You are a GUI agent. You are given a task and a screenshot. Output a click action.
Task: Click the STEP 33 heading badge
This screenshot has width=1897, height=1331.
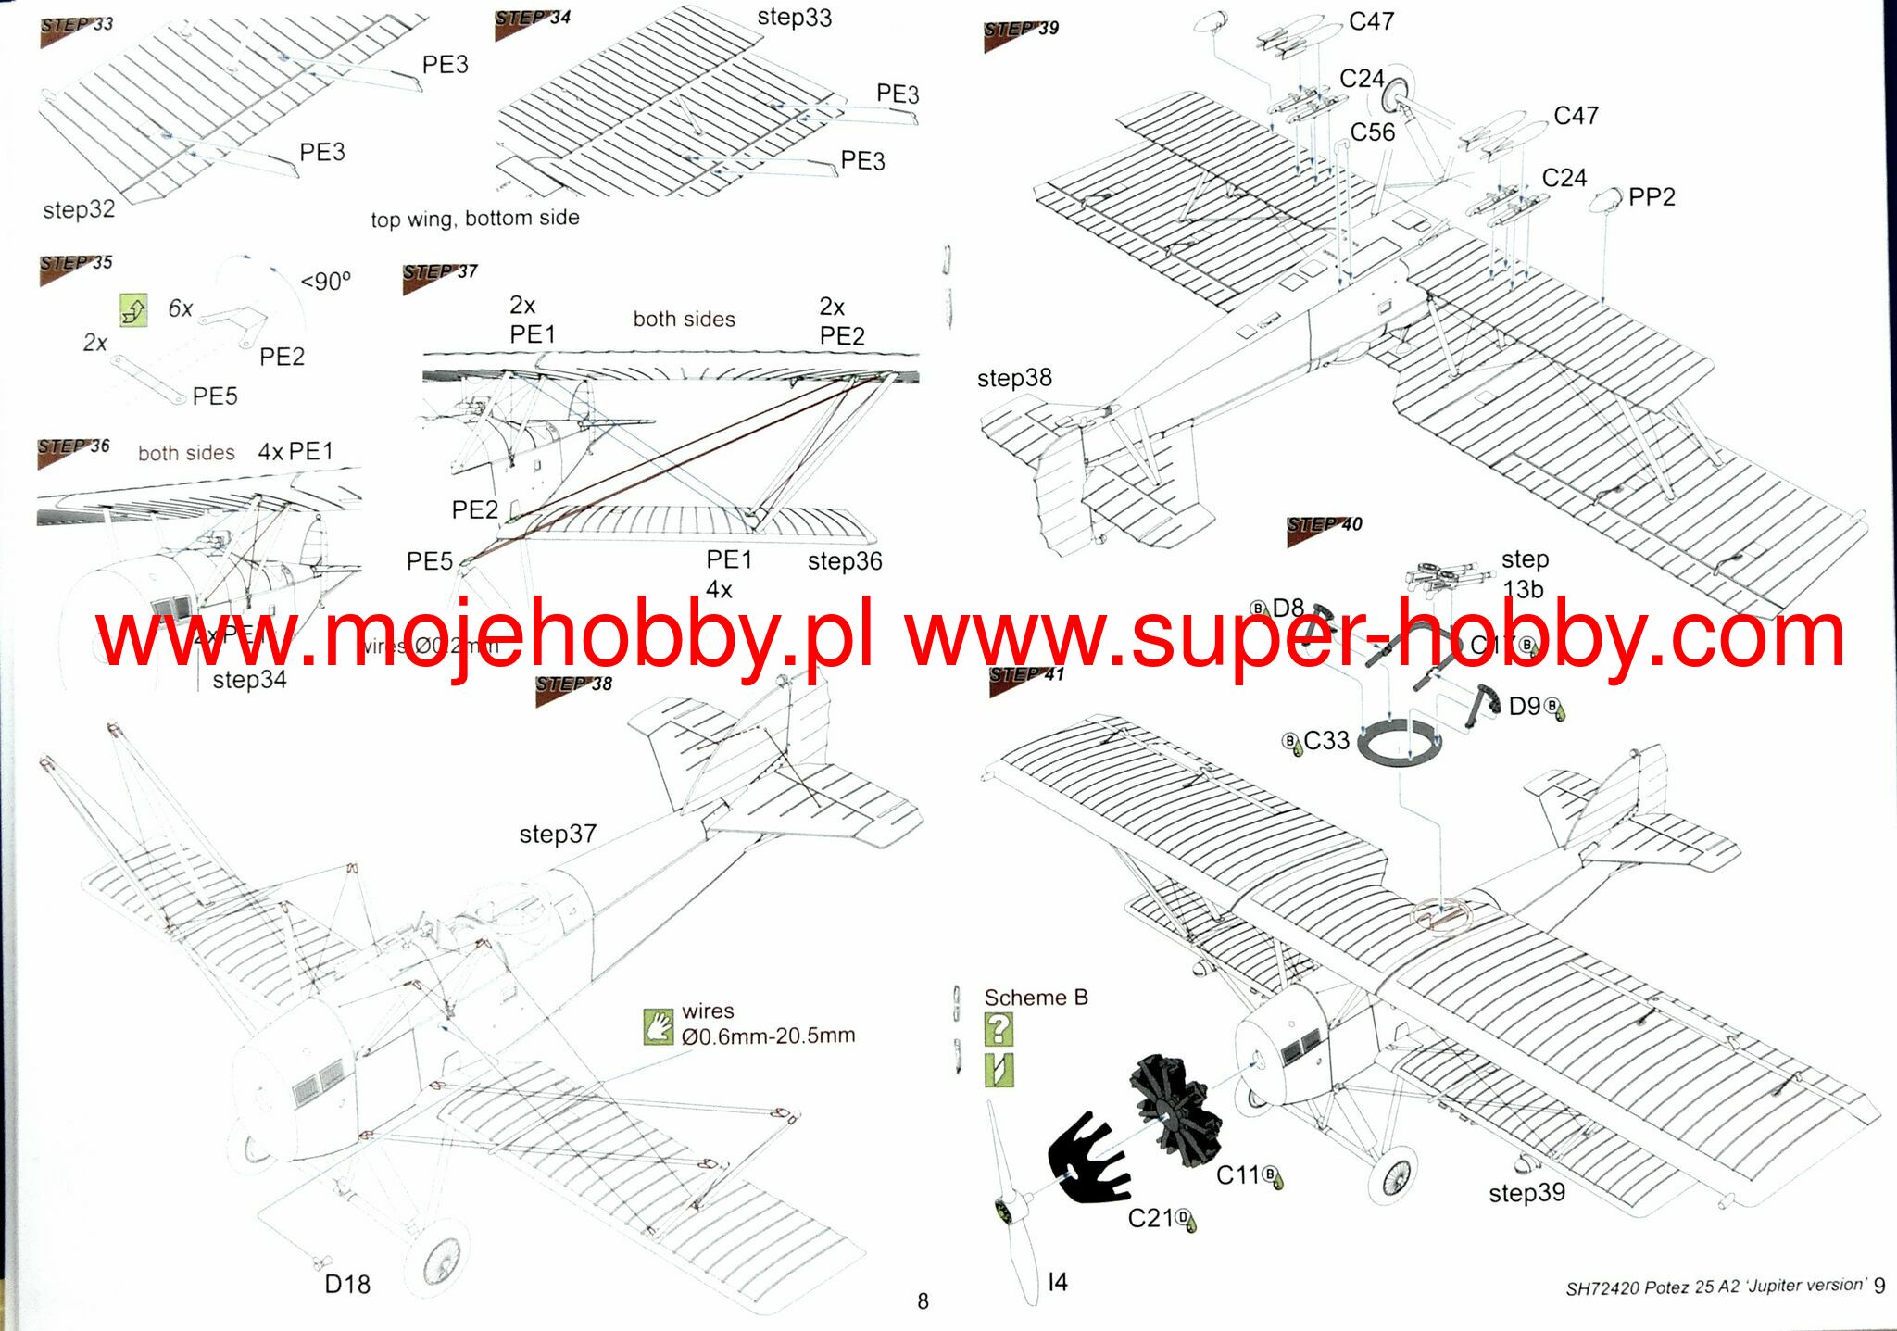pos(77,26)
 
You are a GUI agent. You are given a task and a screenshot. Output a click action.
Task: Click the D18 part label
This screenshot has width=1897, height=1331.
pos(347,1284)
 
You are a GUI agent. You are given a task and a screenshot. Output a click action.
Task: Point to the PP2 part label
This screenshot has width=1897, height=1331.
pos(1652,197)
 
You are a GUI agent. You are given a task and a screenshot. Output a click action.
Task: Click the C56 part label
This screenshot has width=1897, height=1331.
pos(1372,132)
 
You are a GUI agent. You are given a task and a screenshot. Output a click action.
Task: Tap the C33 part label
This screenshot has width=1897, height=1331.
pos(1325,741)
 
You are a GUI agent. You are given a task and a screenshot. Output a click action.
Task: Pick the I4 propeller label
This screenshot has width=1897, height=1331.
pos(1058,1282)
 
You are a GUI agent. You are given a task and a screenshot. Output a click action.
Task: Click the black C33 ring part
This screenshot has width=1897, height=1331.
pos(1400,740)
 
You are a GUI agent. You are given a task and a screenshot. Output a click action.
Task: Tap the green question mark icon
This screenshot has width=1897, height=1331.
pos(999,1029)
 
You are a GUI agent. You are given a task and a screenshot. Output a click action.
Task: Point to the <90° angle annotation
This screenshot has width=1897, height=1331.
pos(326,282)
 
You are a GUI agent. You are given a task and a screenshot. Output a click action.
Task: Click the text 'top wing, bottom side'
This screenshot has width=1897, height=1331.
pos(475,219)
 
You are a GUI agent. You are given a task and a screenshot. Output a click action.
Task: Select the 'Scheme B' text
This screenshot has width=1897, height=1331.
pos(1036,998)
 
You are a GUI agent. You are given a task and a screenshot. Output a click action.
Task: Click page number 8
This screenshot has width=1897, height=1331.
pos(923,1301)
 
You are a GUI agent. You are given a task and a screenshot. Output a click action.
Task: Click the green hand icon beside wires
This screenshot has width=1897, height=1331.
pos(659,1026)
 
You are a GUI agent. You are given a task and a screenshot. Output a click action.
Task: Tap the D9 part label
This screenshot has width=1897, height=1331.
pos(1525,707)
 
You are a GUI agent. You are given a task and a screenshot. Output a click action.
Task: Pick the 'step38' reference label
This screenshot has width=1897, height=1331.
pos(1014,378)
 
